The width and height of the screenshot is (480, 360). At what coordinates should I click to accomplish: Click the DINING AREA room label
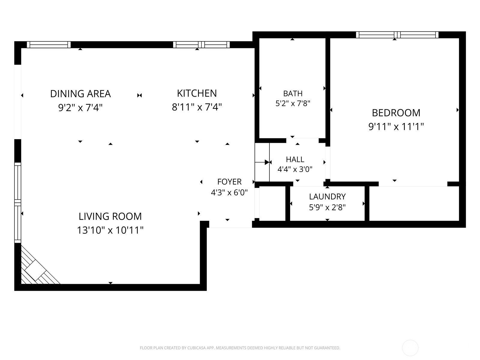click(80, 94)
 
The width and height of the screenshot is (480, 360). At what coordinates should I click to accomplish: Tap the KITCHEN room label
click(197, 93)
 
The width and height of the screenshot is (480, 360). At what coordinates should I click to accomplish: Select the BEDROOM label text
click(396, 113)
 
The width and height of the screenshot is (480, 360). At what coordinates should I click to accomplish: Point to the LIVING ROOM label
click(110, 216)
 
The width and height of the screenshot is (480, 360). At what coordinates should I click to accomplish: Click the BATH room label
click(293, 94)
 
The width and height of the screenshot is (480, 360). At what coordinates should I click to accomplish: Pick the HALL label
click(295, 160)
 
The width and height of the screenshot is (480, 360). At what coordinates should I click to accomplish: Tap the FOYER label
click(229, 181)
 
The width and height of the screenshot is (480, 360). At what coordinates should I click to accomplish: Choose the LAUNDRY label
click(327, 196)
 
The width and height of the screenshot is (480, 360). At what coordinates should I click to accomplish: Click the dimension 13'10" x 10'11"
click(110, 230)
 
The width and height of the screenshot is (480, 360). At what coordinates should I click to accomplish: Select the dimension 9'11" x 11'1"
click(396, 127)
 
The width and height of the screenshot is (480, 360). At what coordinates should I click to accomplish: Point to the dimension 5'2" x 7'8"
click(293, 103)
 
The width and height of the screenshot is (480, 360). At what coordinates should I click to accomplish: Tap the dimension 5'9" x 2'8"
click(327, 207)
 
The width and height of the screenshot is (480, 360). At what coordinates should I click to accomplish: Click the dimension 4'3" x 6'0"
click(229, 193)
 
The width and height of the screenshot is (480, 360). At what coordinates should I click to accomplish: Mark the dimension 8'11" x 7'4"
click(197, 107)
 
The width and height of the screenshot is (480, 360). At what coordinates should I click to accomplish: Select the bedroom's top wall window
click(397, 35)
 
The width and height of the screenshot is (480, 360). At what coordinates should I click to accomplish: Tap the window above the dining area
click(49, 45)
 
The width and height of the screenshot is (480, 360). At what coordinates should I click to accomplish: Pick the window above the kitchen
click(201, 45)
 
